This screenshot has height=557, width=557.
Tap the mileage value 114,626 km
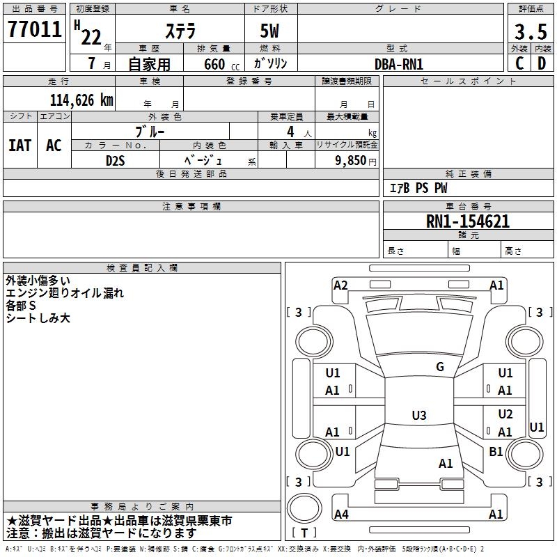[81, 100]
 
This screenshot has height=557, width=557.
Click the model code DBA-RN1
[399, 64]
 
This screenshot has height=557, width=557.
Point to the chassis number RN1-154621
[468, 222]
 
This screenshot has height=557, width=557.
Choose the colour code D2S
[115, 160]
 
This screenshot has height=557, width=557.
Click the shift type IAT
[19, 146]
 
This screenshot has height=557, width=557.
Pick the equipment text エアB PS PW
[418, 189]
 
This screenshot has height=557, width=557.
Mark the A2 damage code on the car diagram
[340, 285]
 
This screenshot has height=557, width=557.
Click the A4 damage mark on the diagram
[341, 515]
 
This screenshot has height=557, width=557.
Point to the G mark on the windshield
[440, 367]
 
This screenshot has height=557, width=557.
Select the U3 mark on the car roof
[418, 416]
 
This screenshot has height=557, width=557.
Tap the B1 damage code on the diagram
[496, 452]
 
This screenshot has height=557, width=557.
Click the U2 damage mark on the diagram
[505, 414]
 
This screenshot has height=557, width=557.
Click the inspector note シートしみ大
[38, 318]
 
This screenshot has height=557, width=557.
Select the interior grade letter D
[542, 63]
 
